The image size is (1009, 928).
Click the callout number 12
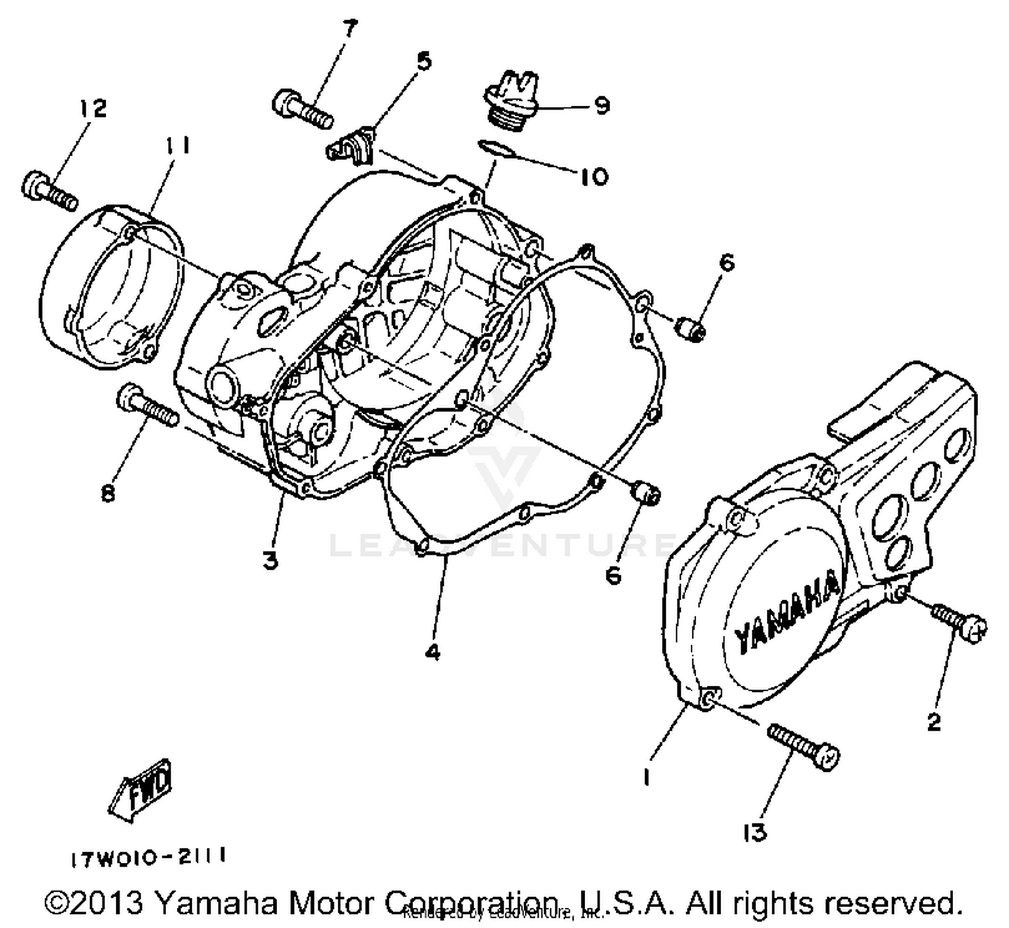click(94, 108)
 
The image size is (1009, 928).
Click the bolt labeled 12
click(49, 190)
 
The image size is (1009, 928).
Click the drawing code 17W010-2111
click(148, 857)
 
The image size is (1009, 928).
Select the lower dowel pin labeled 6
click(646, 495)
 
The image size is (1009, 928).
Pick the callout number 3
click(270, 560)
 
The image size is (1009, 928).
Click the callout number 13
click(755, 832)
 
